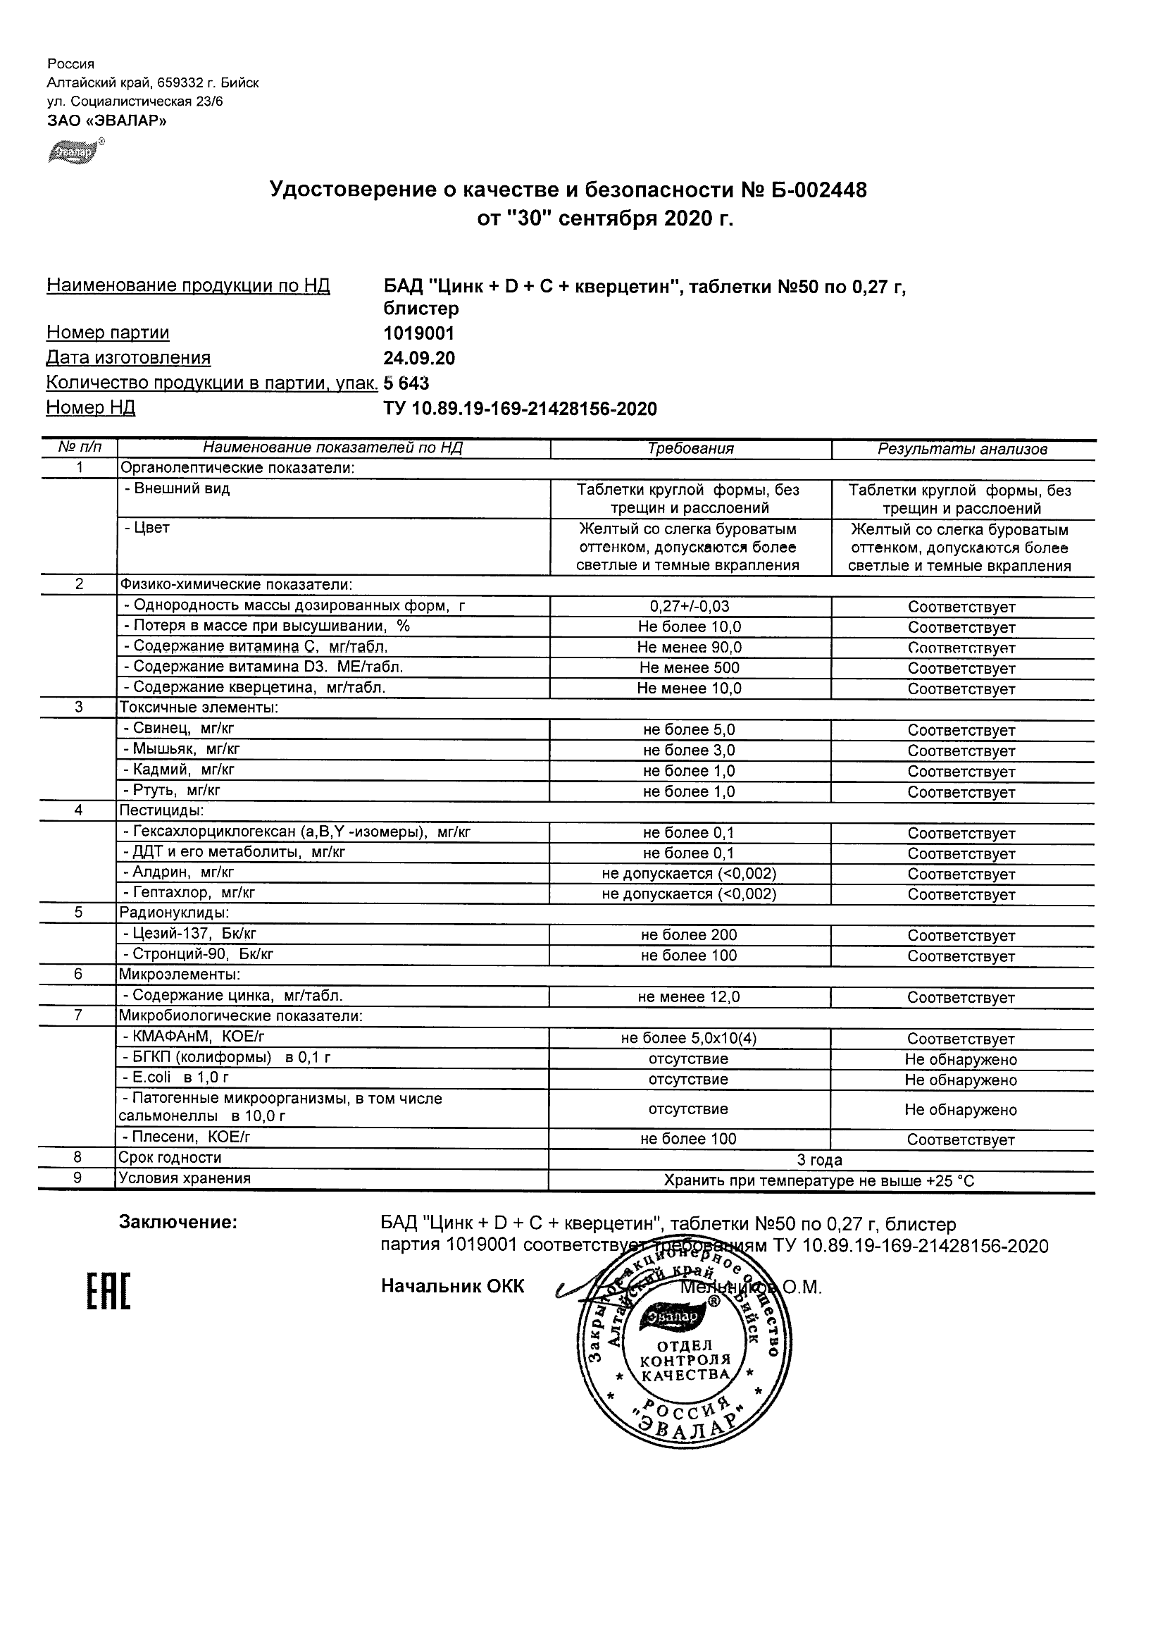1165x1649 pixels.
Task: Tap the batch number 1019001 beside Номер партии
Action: click(x=418, y=333)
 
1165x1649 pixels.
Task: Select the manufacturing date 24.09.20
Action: click(x=418, y=359)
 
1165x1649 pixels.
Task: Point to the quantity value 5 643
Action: click(x=406, y=383)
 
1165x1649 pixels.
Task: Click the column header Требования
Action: click(x=690, y=449)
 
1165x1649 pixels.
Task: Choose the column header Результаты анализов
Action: click(x=962, y=450)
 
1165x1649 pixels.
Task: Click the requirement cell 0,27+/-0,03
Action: click(x=689, y=607)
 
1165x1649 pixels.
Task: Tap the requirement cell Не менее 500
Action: click(x=689, y=668)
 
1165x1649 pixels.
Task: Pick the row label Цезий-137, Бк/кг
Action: click(x=189, y=934)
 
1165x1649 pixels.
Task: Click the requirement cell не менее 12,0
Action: click(x=688, y=997)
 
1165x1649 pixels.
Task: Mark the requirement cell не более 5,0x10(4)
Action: click(x=688, y=1039)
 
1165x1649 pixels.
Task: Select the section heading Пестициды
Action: click(x=161, y=811)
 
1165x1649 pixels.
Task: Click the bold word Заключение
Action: click(x=177, y=1223)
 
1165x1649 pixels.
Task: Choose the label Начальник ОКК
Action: click(x=452, y=1286)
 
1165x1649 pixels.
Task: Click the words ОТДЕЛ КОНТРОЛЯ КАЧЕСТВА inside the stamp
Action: click(x=685, y=1359)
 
